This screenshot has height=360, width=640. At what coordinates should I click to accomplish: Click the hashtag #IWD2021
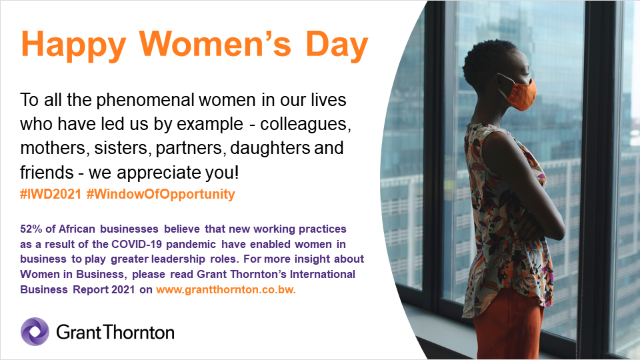[50, 195]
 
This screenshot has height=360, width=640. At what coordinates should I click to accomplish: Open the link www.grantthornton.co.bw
[226, 290]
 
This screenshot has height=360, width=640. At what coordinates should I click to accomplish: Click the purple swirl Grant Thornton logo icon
[35, 331]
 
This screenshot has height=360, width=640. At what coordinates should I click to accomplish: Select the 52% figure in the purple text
[33, 229]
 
